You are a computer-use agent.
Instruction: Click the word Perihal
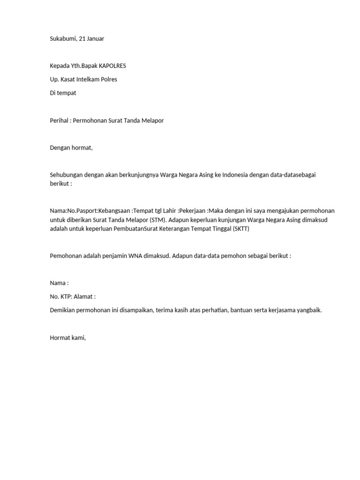(x=59, y=120)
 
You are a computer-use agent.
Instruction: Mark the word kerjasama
(x=283, y=310)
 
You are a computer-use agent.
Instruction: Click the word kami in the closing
(x=78, y=337)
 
